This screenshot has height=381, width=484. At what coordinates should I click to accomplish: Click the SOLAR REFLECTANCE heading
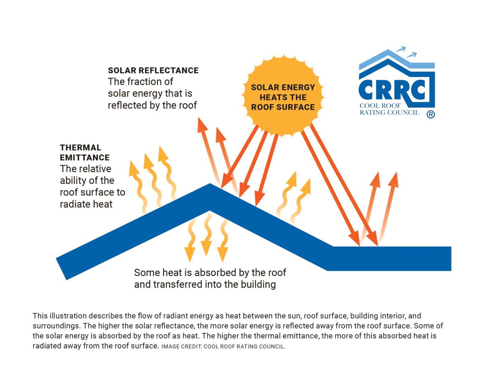click(153, 70)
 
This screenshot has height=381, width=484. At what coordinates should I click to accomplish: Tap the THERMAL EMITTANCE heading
click(84, 153)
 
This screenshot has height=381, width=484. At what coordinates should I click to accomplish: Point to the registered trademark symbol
click(430, 114)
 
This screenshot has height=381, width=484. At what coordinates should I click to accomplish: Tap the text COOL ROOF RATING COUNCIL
click(389, 109)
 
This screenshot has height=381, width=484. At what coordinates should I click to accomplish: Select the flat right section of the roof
click(391, 258)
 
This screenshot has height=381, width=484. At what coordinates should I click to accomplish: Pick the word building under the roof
click(259, 284)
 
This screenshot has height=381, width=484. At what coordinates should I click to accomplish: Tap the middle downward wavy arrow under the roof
click(207, 235)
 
